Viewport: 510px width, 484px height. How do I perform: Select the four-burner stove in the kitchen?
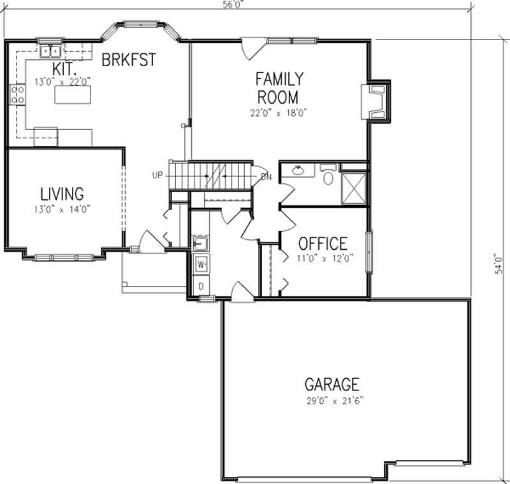coord(17,96)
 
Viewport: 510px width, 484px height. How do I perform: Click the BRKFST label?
coord(128,60)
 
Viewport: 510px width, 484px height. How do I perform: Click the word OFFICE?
coord(323,243)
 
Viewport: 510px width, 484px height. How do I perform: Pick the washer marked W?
coord(201,263)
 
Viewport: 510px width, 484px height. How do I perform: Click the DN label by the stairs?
coord(266,176)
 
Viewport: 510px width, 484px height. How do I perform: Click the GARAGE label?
coord(331,385)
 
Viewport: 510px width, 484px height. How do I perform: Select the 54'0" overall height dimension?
coord(501,261)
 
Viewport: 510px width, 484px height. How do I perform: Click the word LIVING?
coord(62,194)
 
